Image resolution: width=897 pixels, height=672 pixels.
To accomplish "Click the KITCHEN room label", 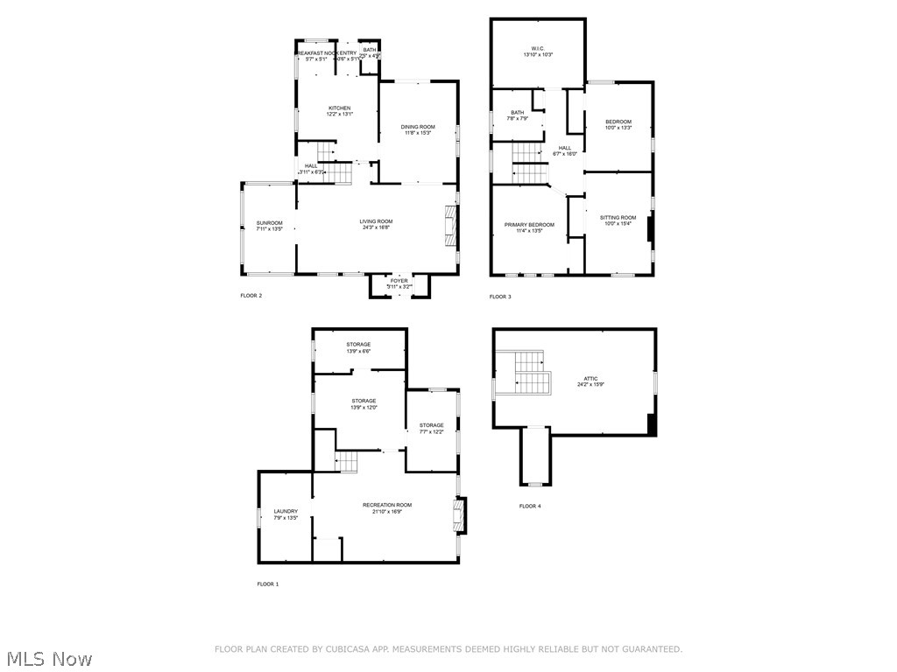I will tap(339, 108).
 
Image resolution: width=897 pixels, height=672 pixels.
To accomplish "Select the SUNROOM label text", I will tap(269, 223).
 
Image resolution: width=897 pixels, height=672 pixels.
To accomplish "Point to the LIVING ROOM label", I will tap(376, 221).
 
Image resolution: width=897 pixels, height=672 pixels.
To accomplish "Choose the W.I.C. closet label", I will tap(538, 48).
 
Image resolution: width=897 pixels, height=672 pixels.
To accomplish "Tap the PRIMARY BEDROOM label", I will tap(529, 225).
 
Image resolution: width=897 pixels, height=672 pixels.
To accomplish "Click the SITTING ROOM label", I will tap(618, 217).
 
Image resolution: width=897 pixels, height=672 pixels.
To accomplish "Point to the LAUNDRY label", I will tap(286, 512).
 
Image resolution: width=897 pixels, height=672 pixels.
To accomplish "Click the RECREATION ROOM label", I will tap(387, 505).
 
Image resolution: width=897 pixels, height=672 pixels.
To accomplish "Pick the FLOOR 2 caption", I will tap(251, 296).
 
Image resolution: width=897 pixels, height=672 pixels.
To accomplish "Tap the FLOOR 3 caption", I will tap(500, 297).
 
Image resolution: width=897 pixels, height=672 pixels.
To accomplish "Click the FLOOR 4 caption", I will tap(530, 506).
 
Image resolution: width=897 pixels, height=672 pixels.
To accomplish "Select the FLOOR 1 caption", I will tap(267, 584).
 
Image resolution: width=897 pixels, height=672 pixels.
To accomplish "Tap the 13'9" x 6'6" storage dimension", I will tap(359, 352).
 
